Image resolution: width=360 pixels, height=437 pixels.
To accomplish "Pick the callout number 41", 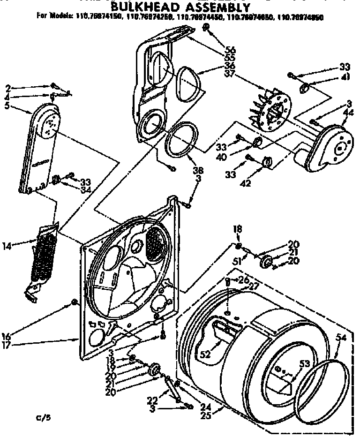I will pos(345,77).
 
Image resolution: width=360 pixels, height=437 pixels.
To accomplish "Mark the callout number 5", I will pos(7,106).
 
